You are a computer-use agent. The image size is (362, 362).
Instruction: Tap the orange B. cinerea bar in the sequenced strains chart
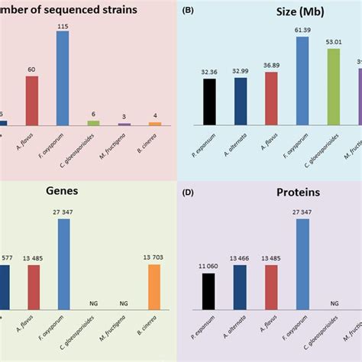(x=155, y=123)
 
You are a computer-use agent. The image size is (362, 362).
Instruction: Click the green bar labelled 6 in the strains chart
(x=94, y=122)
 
